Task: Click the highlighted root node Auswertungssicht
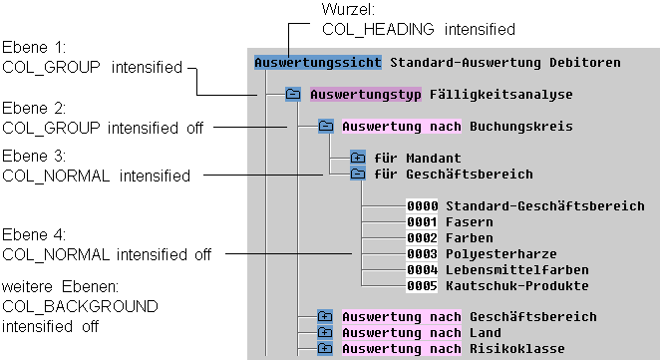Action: click(x=317, y=62)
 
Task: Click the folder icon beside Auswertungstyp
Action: click(x=293, y=95)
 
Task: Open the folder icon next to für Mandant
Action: click(x=358, y=158)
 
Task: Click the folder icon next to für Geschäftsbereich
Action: click(x=358, y=174)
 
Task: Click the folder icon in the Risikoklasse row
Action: click(x=325, y=349)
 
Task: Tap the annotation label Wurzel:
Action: click(x=347, y=10)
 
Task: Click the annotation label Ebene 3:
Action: click(x=33, y=158)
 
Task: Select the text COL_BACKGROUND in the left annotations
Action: click(x=67, y=305)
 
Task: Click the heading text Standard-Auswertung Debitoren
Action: click(x=504, y=62)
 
